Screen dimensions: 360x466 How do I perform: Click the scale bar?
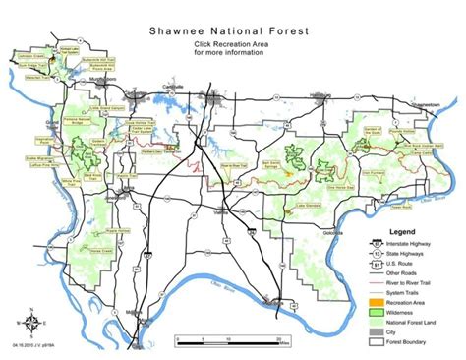click(232, 336)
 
